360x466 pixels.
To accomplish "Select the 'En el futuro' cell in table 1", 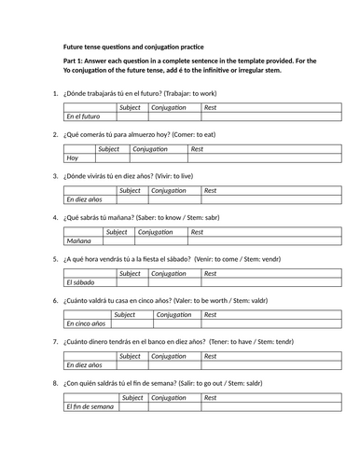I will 88,117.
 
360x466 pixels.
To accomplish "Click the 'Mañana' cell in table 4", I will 80,240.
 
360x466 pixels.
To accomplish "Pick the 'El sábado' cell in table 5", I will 83,281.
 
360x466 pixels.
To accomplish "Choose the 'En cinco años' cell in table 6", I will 87,323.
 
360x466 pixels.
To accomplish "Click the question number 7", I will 56,341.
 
